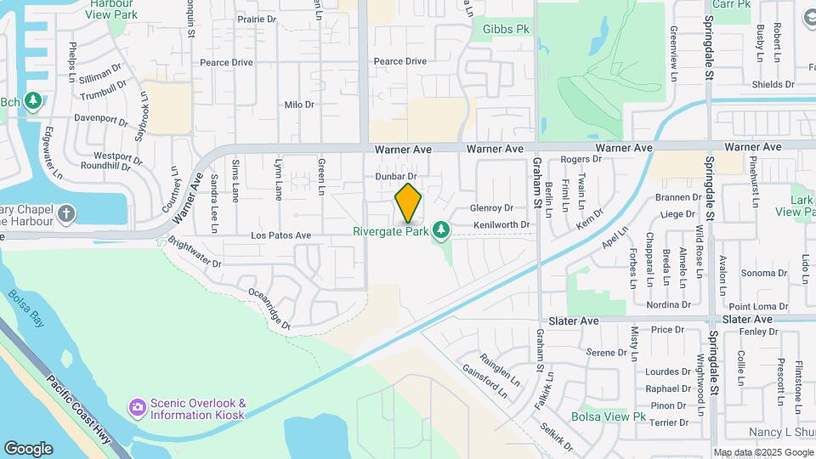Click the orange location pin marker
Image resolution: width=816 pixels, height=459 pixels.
click(409, 203)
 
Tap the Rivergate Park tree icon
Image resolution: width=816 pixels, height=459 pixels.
click(440, 230)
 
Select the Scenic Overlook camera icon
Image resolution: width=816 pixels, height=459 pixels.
click(137, 409)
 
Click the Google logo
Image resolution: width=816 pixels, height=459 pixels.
click(28, 449)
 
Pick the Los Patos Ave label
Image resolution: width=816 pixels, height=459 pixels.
click(280, 235)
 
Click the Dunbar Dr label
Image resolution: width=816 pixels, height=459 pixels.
click(396, 176)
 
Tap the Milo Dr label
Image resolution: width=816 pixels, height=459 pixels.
click(299, 105)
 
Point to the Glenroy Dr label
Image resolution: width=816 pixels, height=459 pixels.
click(492, 207)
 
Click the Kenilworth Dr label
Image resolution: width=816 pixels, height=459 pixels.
click(502, 224)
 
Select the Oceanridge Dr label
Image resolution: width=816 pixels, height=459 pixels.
click(269, 307)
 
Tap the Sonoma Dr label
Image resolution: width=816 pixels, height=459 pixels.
click(764, 273)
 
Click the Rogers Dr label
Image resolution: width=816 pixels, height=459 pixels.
click(575, 159)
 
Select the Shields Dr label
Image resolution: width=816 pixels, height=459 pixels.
click(773, 84)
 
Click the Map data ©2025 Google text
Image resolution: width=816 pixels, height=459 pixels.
click(762, 452)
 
